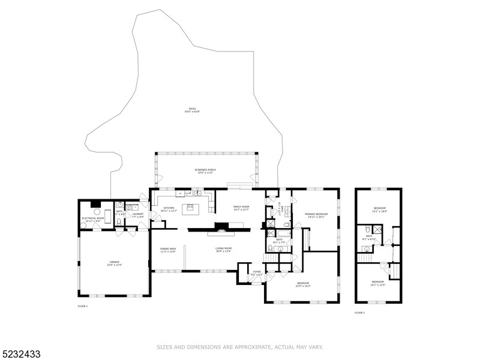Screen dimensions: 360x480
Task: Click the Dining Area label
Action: coord(167,250)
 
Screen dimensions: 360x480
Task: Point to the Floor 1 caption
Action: coord(83,307)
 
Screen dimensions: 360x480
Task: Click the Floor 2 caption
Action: coord(359,313)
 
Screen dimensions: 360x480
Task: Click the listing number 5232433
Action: coord(20,354)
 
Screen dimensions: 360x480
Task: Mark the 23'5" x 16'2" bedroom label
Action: coord(302,284)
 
